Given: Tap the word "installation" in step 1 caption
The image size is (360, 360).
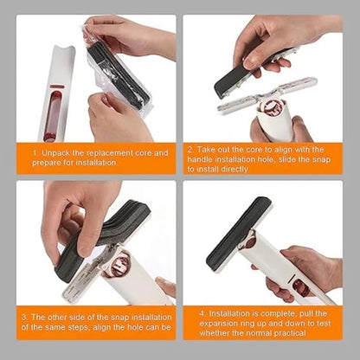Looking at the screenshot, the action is [x=96, y=163].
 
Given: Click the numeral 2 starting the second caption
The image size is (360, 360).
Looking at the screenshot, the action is [x=190, y=150].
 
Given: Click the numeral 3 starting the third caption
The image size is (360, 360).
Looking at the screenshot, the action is [x=24, y=318].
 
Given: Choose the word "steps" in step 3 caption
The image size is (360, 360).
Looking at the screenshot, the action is [x=79, y=327].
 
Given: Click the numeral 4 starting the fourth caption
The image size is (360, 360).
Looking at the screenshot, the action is [x=203, y=313].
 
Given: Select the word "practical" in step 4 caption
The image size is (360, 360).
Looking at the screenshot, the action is [x=290, y=333].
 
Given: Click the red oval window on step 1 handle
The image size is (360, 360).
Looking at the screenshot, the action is [x=53, y=115].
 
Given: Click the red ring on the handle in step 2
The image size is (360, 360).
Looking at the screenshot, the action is [x=271, y=107].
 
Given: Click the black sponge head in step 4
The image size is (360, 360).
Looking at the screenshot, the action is [x=239, y=232].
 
